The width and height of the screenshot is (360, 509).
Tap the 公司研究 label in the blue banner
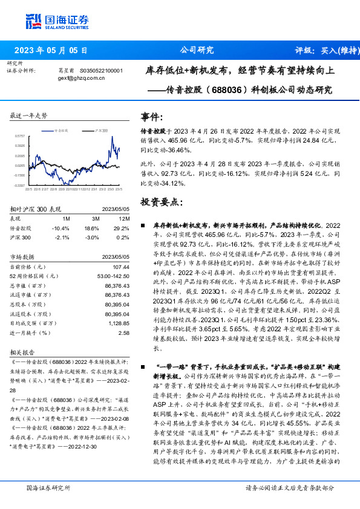[197, 50]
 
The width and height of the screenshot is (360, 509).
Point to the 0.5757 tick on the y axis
[20, 137]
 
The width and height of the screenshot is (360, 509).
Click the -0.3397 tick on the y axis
[20, 185]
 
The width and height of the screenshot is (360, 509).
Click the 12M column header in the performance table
[124, 218]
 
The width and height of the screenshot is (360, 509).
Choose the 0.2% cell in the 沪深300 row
[124, 238]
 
